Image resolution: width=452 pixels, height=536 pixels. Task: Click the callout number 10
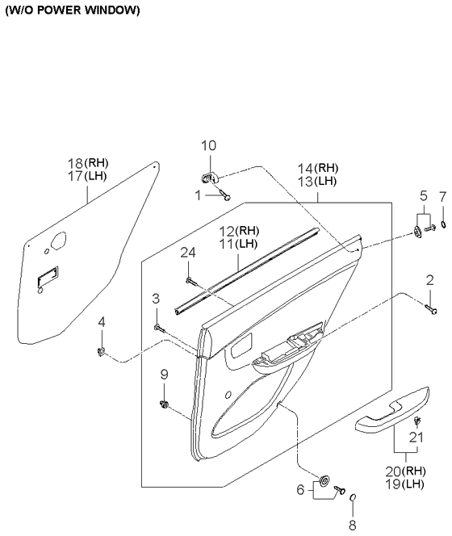[208, 145]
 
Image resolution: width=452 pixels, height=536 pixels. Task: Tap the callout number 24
[188, 253]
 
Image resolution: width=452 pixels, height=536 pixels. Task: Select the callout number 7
[443, 196]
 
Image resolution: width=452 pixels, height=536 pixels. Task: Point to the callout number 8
[353, 525]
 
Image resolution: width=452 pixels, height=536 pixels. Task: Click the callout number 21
[416, 438]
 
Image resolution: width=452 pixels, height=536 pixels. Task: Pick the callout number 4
[102, 322]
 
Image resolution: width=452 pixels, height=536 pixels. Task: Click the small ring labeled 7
[443, 224]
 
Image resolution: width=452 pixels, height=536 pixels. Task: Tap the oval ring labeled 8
[354, 497]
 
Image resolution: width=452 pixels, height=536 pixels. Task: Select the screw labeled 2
[431, 309]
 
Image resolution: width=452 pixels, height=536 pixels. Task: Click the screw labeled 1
[225, 195]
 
